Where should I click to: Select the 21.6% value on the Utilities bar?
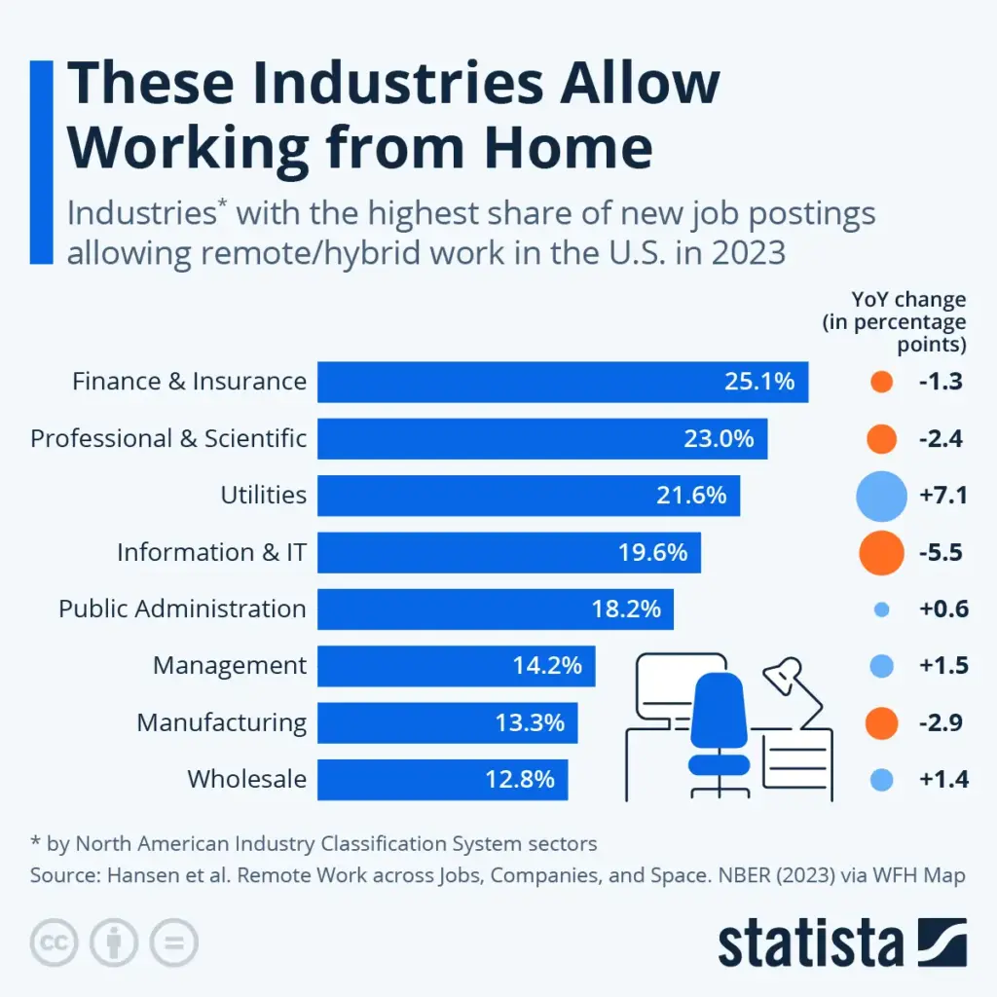691,496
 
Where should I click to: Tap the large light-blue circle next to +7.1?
881,496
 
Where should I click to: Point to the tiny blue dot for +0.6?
882,609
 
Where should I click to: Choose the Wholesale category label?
246,779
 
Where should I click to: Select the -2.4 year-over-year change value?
941,439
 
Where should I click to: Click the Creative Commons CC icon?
55,942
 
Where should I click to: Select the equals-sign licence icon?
173,942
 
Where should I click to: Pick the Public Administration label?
182,609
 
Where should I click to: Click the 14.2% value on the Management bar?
547,666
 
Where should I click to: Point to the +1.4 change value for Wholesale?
943,779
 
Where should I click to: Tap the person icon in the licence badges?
114,942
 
